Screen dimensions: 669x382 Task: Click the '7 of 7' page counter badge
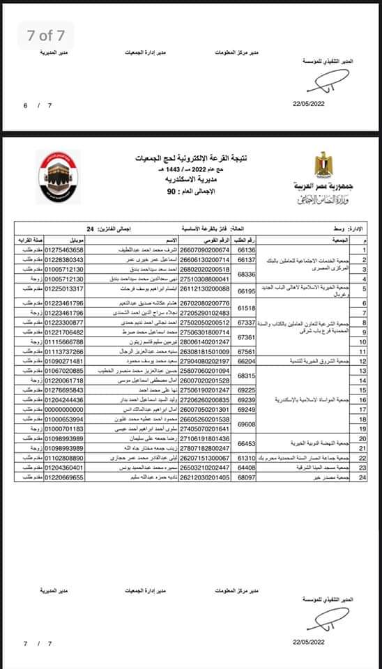[x=46, y=36]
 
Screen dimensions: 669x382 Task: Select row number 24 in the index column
[x=363, y=477]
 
